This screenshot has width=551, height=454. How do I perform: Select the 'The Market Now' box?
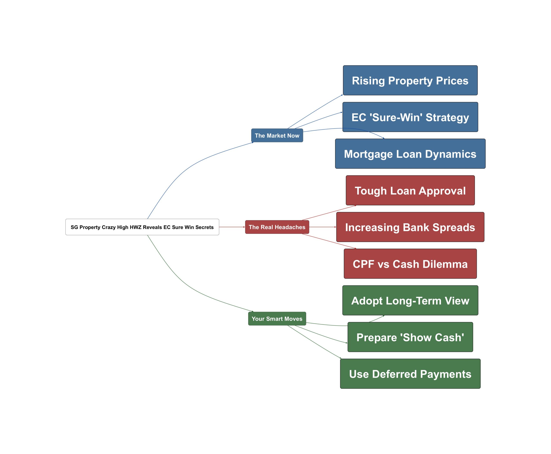[277, 135]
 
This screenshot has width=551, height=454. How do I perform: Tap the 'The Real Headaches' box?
[277, 227]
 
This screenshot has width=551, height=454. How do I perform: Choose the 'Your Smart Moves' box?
[277, 318]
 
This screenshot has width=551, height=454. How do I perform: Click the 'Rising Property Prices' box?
[410, 80]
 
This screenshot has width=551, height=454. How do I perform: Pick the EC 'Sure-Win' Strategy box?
[410, 117]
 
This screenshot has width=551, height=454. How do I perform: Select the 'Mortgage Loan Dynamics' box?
[410, 153]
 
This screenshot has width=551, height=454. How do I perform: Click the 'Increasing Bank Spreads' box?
[410, 227]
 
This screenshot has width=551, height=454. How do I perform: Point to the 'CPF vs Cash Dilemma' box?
[410, 263]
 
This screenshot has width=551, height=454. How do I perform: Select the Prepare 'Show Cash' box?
[410, 337]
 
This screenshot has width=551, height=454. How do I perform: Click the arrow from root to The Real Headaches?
[232, 227]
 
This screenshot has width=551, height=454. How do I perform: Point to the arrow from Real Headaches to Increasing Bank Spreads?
[322, 227]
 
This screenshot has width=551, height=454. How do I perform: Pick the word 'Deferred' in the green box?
[394, 374]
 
